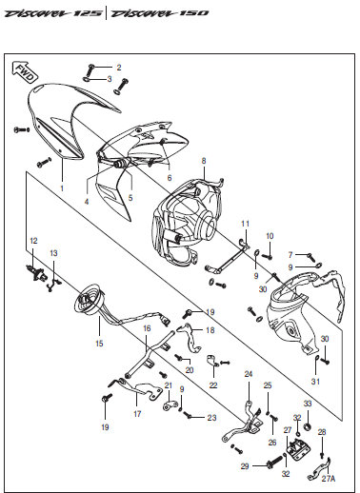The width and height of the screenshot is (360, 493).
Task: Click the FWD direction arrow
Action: point(25,72)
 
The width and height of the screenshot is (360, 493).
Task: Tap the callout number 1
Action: point(62,188)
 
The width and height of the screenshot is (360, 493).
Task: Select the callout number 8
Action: point(204,161)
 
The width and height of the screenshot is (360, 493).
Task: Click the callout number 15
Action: point(99,344)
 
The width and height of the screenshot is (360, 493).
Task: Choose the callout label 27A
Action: point(329,479)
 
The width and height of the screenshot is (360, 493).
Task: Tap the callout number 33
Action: point(308,404)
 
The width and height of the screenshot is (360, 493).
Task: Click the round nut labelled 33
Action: point(308,427)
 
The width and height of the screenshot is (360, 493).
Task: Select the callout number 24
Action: point(249,374)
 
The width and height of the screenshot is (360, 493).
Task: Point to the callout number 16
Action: point(147,328)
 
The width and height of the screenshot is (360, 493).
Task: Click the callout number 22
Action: point(213,385)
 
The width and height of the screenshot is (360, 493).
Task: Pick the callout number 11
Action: point(245,224)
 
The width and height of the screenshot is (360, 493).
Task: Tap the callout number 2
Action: point(119,68)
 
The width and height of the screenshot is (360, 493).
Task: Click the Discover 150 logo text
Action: point(160,13)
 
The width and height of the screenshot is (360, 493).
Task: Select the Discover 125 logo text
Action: point(53,13)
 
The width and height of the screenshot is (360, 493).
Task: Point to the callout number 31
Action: point(315,381)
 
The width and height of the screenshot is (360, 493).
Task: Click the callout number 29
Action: point(245,466)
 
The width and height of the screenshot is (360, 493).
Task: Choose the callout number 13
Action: point(53,253)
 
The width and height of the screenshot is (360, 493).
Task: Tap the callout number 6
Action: point(170,178)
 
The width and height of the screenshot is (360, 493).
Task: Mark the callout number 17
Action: point(137,414)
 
